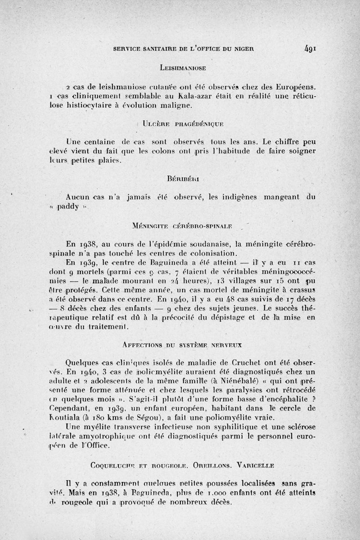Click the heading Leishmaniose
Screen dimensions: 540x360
[183, 68]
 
